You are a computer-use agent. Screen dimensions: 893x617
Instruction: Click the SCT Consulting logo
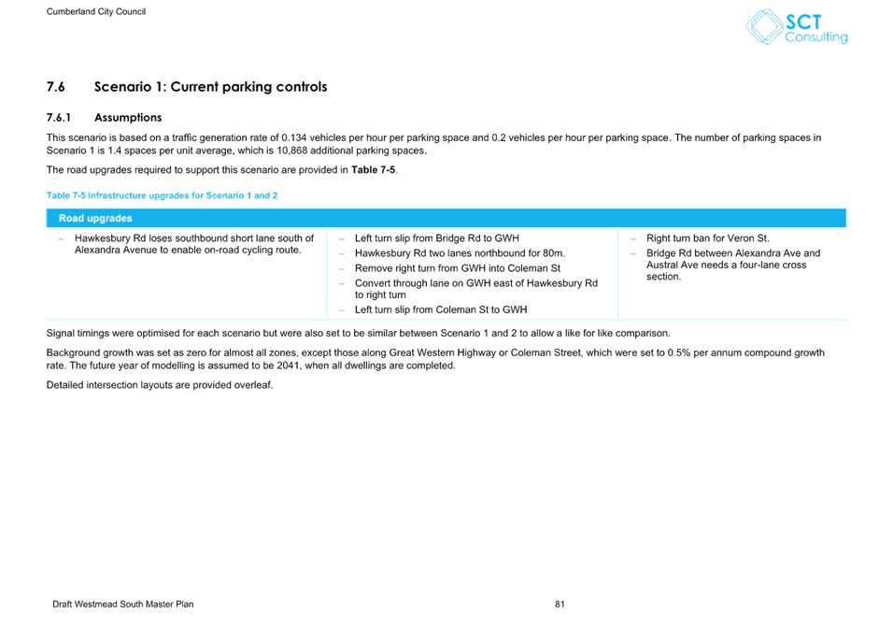[x=796, y=27]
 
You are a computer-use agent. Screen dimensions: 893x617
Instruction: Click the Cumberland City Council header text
[x=95, y=11]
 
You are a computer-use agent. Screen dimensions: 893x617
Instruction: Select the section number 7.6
[x=56, y=87]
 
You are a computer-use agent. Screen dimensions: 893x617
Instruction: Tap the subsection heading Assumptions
[x=128, y=118]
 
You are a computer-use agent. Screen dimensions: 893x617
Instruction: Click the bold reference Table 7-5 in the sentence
[x=373, y=170]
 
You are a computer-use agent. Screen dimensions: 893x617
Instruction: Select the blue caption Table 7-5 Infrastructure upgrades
[x=162, y=195]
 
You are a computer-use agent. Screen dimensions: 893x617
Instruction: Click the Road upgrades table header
[x=95, y=218]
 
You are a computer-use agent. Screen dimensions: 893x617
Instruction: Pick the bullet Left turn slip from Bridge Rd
[x=437, y=238]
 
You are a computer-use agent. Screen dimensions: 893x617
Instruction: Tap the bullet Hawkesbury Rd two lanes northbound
[x=460, y=253]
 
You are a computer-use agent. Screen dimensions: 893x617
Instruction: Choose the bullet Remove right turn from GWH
[x=458, y=267]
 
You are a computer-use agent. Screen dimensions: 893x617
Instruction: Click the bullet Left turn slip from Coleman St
[x=441, y=309]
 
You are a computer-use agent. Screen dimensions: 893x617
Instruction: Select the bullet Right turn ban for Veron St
[x=707, y=238]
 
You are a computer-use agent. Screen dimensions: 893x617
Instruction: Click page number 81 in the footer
[x=560, y=604]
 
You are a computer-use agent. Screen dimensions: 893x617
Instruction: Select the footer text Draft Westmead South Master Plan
[x=123, y=604]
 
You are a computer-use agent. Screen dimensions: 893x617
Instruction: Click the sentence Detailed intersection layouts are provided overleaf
[x=160, y=385]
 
